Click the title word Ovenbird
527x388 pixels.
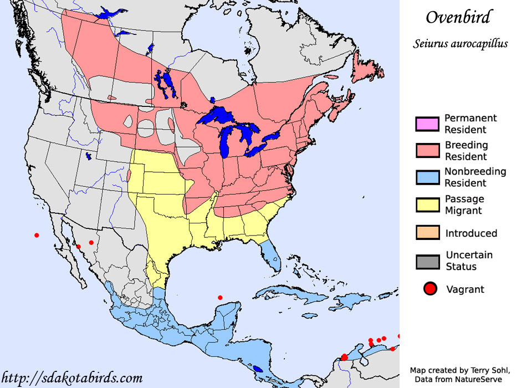point(458,17)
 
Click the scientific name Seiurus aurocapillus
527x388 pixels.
point(460,44)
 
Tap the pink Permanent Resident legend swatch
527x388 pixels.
point(427,124)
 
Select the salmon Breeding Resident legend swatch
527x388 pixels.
point(427,150)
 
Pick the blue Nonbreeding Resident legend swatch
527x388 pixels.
point(427,177)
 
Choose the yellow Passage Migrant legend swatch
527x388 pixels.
point(427,204)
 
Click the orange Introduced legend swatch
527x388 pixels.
point(427,233)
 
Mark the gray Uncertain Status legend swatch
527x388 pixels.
point(427,261)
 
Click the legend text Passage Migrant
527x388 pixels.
point(464,205)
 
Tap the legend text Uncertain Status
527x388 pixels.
point(469,261)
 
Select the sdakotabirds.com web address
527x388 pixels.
point(71,378)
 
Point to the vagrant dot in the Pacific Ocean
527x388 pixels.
point(37,235)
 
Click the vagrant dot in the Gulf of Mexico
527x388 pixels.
point(220,298)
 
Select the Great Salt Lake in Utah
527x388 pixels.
point(89,156)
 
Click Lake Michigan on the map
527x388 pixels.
point(226,141)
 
